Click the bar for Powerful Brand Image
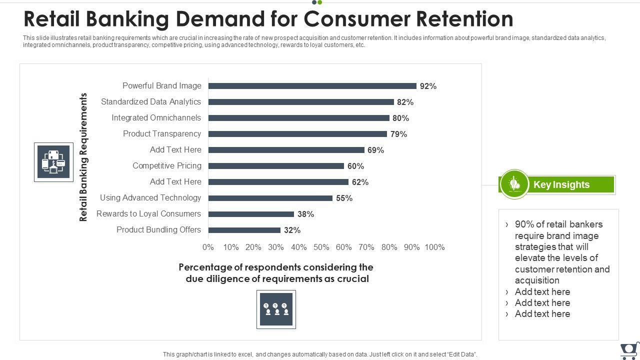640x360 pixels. [312, 86]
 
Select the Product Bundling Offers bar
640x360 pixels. [244, 230]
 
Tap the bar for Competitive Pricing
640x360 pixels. [276, 166]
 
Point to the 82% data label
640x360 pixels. [405, 102]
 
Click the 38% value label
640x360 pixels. [305, 214]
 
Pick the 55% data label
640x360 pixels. [344, 198]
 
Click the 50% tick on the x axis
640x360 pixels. [321, 247]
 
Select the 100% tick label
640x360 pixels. [434, 247]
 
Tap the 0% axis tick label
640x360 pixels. [208, 247]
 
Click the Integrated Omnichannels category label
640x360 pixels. [156, 118]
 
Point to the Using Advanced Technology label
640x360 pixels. [150, 198]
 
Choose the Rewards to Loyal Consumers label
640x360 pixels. [148, 214]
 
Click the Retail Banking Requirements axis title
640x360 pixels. [83, 157]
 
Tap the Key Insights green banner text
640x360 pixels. [561, 184]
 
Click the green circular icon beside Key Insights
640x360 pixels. [514, 184]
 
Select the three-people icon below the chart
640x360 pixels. [276, 309]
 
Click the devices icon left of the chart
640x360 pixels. [53, 162]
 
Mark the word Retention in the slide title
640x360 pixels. [464, 19]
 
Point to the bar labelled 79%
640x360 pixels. [297, 134]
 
